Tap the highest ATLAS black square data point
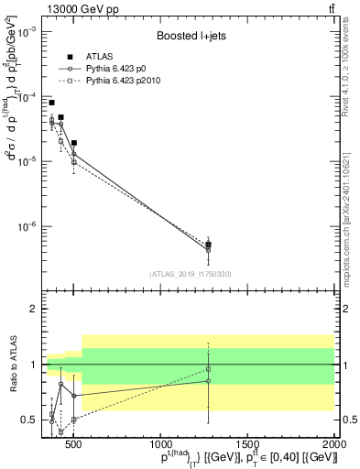[52, 103]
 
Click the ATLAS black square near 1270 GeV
[209, 245]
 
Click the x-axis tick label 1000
[161, 443]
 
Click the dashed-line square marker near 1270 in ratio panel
[209, 369]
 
